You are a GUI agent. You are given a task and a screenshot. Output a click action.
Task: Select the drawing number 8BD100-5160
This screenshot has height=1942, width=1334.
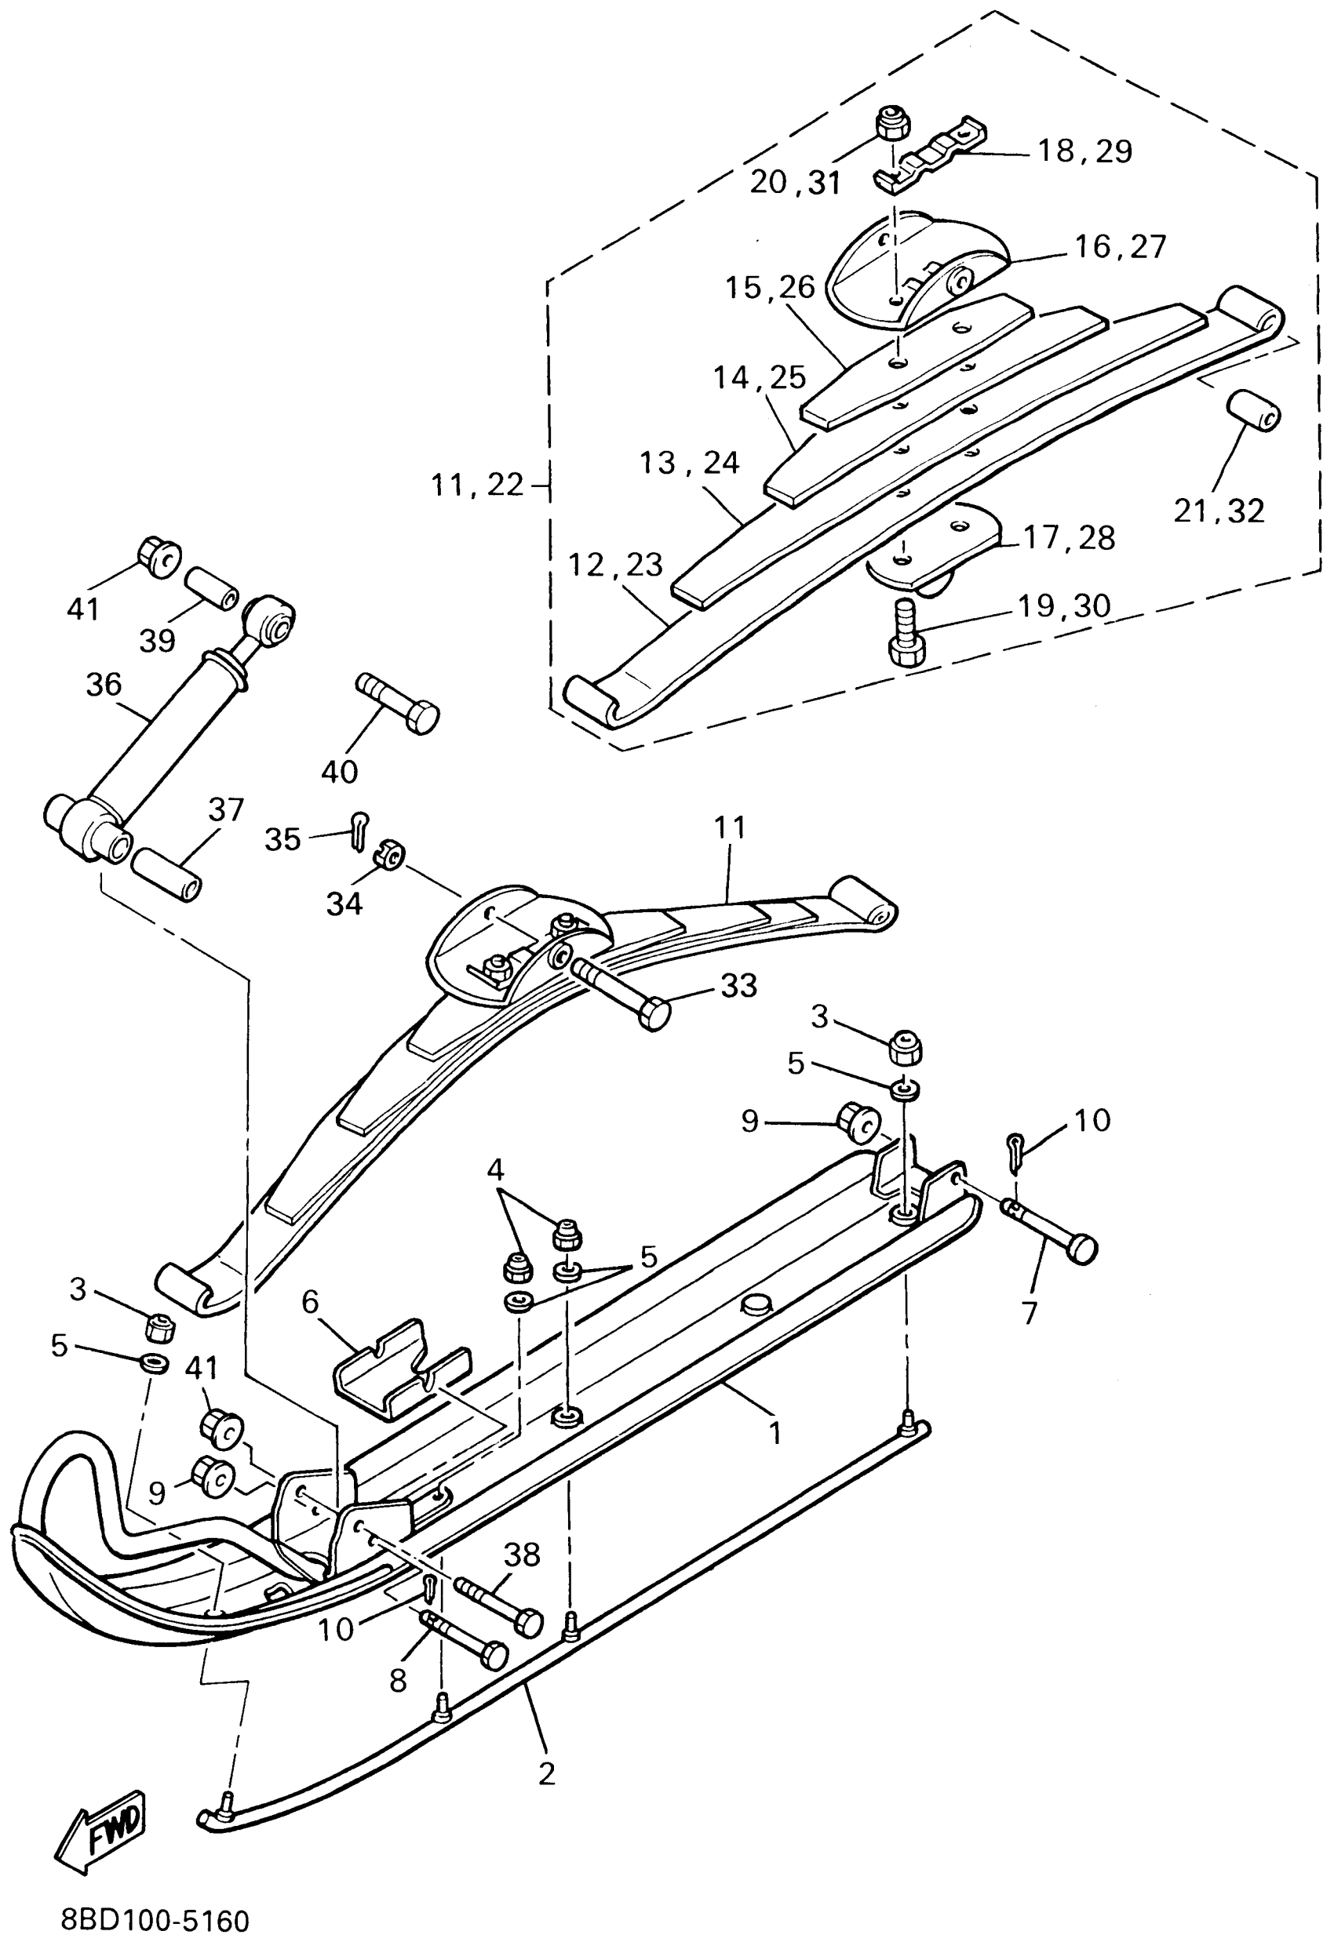coord(155,1918)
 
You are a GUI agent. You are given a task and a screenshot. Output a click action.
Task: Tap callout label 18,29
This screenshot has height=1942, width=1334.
coord(1084,151)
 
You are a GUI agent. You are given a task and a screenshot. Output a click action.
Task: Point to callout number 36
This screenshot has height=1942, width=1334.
coord(104,686)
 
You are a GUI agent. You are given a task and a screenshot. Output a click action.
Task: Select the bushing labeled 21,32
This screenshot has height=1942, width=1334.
coord(1252,410)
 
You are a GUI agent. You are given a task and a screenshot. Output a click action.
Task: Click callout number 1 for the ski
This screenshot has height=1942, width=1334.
coord(775,1435)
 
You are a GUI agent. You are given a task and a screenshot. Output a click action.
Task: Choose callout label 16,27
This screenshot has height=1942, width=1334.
coord(1120,247)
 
